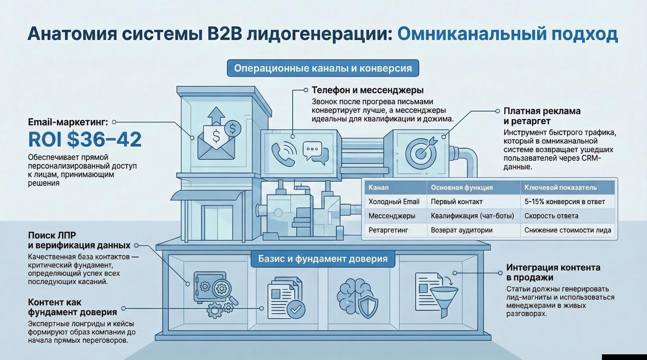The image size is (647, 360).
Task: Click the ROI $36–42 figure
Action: (85, 139)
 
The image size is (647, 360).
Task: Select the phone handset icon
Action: (283, 154)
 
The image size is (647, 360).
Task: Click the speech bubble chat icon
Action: (315, 152)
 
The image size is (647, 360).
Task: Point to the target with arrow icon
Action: (421, 152)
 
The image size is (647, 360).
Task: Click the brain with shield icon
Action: (357, 298)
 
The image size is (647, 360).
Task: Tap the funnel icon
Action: (443, 299)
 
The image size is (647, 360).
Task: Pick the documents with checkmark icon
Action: (286, 297)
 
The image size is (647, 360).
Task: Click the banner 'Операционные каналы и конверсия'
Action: (323, 68)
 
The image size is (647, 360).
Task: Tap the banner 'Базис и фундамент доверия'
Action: (323, 258)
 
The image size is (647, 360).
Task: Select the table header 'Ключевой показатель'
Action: (560, 187)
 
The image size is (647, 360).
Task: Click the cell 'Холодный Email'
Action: (394, 201)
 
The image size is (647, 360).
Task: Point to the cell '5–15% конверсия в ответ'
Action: (564, 201)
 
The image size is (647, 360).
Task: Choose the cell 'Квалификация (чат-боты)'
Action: (472, 216)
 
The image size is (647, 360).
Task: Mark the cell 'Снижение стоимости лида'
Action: (568, 230)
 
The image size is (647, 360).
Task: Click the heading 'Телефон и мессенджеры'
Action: (368, 90)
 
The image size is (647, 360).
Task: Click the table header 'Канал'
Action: (378, 187)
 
